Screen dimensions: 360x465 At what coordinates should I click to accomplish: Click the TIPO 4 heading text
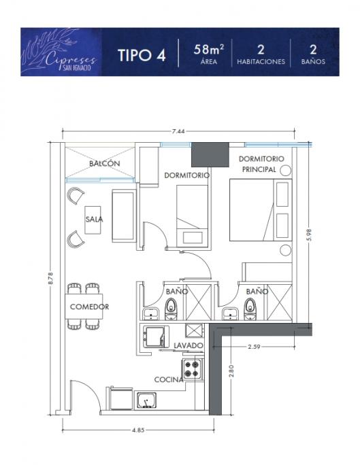(x=142, y=55)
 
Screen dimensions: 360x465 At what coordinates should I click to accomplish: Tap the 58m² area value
(x=209, y=49)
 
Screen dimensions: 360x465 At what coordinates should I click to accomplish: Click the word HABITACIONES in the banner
(x=261, y=62)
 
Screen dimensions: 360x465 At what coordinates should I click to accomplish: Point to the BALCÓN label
(x=105, y=163)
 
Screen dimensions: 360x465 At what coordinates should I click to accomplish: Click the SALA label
(x=94, y=220)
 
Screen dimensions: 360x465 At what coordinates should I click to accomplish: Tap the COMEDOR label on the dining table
(x=89, y=307)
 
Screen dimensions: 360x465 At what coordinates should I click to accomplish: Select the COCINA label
(x=169, y=379)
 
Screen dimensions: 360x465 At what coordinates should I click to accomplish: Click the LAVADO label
(x=189, y=345)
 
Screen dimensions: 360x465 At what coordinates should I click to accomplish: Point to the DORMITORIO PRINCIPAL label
(x=261, y=164)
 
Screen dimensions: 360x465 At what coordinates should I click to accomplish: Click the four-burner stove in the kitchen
(x=192, y=369)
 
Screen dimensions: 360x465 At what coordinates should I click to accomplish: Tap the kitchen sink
(x=146, y=400)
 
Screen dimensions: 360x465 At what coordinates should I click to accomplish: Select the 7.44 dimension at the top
(x=178, y=131)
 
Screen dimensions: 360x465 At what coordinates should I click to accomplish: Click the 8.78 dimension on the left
(x=51, y=279)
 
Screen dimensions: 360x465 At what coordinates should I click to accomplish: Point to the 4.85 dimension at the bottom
(x=138, y=430)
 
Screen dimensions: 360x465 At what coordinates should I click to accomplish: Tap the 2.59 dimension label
(x=254, y=347)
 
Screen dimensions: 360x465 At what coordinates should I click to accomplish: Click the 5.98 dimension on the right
(x=310, y=235)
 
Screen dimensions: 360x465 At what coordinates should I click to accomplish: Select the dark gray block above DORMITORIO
(x=210, y=154)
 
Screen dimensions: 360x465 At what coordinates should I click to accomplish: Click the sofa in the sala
(x=124, y=216)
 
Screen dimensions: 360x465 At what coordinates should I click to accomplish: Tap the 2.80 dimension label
(x=232, y=371)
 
